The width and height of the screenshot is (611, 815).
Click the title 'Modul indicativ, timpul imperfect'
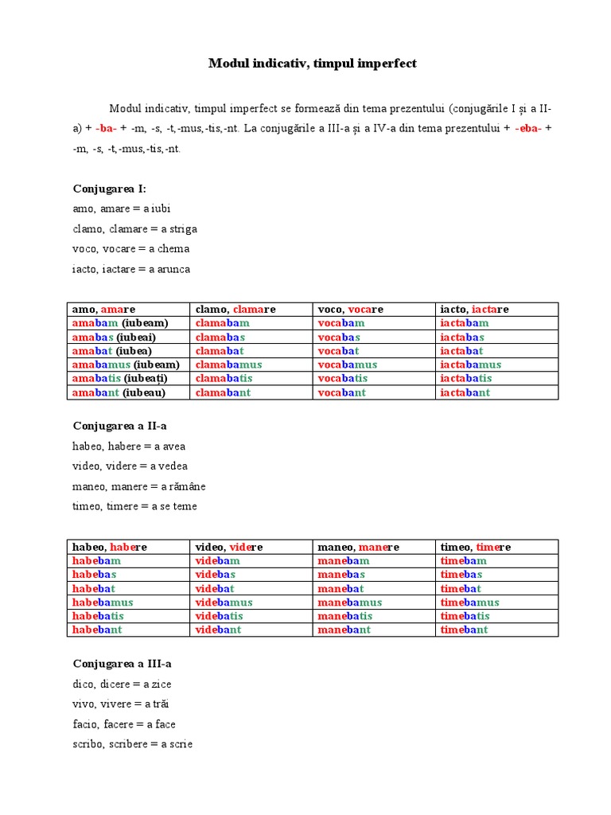click(312, 63)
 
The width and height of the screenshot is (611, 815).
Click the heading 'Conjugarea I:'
click(110, 189)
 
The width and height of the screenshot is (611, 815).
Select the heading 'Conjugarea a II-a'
click(119, 426)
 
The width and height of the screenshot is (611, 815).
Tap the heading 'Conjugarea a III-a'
click(123, 664)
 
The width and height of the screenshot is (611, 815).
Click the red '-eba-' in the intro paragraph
click(528, 128)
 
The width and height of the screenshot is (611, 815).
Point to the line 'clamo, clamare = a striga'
click(134, 229)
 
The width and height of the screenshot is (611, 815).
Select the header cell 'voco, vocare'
click(350, 309)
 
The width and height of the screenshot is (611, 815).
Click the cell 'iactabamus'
click(471, 365)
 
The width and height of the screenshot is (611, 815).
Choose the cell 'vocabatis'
click(343, 379)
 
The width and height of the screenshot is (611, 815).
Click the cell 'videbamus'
click(224, 602)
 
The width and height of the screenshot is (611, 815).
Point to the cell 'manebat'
click(341, 589)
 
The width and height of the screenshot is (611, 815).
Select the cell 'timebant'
click(464, 630)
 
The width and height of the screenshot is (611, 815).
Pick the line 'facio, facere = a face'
click(123, 724)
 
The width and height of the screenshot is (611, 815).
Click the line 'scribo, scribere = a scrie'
click(132, 744)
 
